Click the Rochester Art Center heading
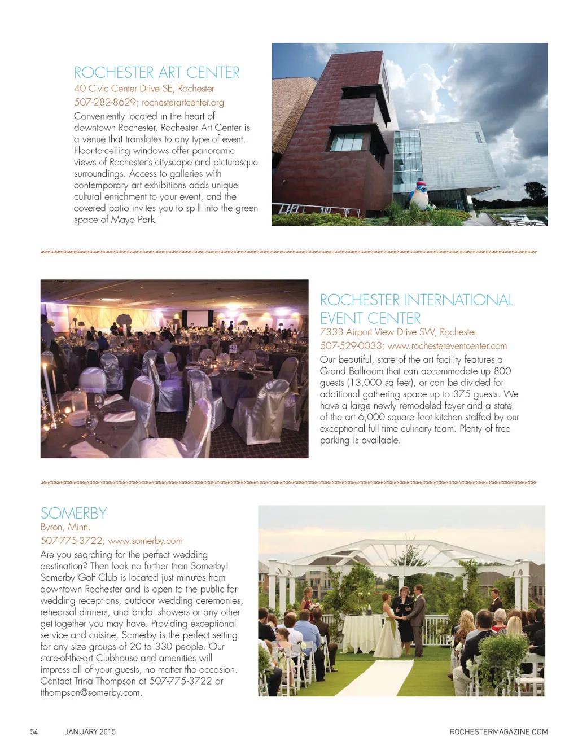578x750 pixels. pos(157,73)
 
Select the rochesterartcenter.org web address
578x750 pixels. pos(183,103)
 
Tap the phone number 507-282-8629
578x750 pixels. pos(105,103)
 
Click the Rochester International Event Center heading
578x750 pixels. pos(416,308)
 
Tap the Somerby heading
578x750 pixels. pos(73,513)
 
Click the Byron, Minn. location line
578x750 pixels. pos(65,528)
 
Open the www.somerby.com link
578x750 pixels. pos(145,541)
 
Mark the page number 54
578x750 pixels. pos(34,732)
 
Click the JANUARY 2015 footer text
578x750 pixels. pos(90,732)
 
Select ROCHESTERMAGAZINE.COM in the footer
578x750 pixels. pos(498,732)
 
